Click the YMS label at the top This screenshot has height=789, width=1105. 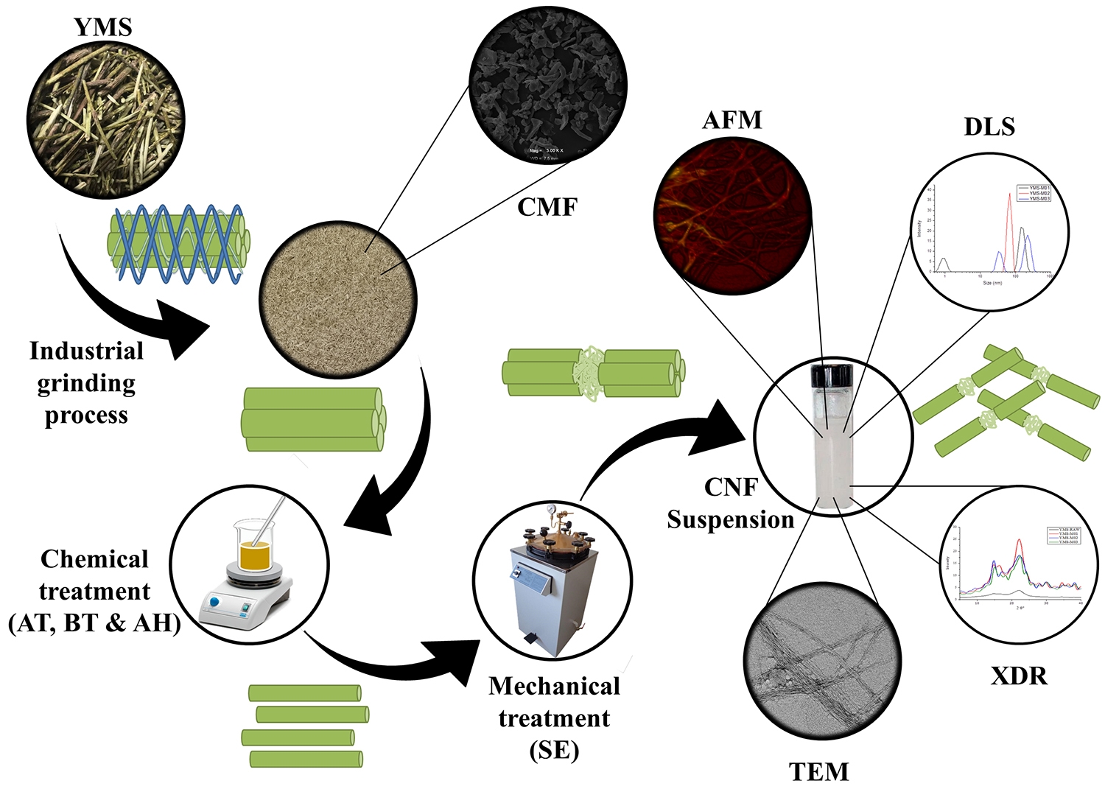pyautogui.click(x=103, y=27)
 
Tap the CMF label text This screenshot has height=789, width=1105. pyautogui.click(x=547, y=207)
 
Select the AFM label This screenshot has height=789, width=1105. pyautogui.click(x=732, y=120)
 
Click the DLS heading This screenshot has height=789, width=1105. pyautogui.click(x=989, y=127)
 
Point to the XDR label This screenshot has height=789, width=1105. pyautogui.click(x=1019, y=676)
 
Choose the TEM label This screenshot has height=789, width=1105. pyautogui.click(x=818, y=771)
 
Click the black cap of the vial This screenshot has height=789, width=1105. pyautogui.click(x=832, y=376)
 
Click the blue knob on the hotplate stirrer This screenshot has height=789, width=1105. pyautogui.click(x=214, y=602)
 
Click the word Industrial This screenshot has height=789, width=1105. pyautogui.click(x=86, y=351)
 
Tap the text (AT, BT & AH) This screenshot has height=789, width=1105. pyautogui.click(x=94, y=623)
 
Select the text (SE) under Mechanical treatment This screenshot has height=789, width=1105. pyautogui.click(x=554, y=750)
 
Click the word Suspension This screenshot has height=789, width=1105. pyautogui.click(x=730, y=519)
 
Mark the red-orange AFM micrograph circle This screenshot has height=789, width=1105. pyautogui.click(x=732, y=215)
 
